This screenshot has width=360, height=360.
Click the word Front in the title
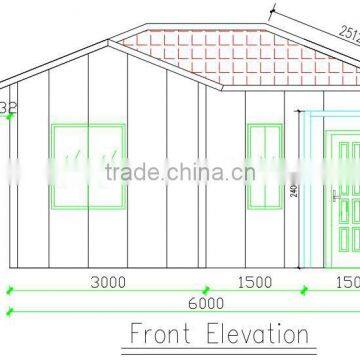(x=162, y=333)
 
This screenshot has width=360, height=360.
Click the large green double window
(x=88, y=158)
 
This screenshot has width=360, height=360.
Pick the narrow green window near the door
(x=263, y=158)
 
